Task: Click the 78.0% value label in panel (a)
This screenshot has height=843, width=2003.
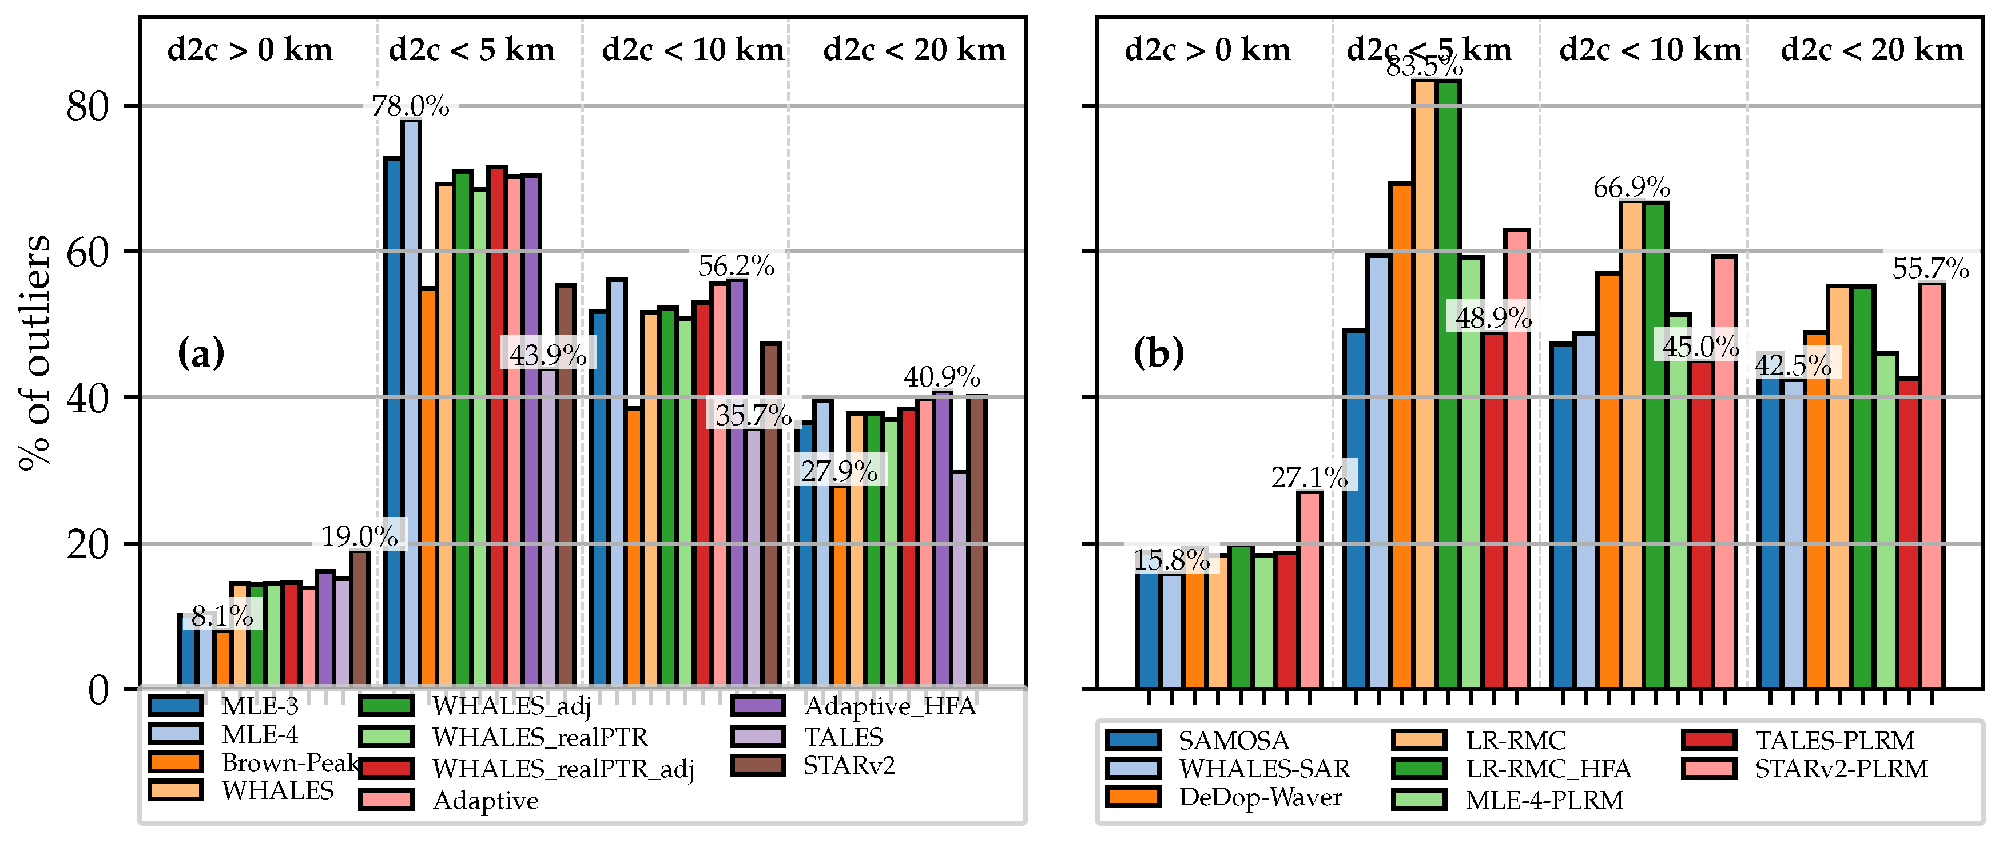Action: (410, 106)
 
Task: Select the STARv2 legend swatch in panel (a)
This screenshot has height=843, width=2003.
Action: (758, 765)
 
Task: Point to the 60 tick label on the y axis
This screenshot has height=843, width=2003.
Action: (87, 252)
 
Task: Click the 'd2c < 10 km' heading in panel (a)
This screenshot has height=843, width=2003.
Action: (693, 50)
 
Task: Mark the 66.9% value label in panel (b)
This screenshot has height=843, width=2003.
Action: (1631, 188)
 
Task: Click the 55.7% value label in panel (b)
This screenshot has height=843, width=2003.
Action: (1930, 268)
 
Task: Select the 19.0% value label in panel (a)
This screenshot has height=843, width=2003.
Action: (360, 536)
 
